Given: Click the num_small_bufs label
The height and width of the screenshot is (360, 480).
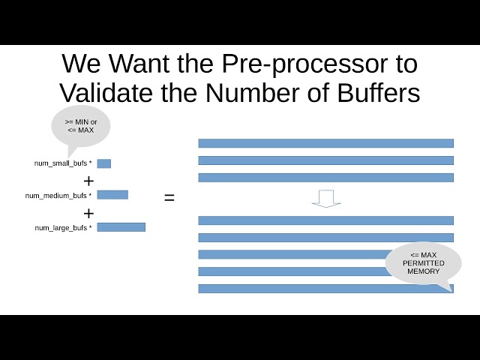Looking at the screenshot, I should coord(63,163).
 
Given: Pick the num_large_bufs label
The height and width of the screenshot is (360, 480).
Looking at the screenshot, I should coord(63,227).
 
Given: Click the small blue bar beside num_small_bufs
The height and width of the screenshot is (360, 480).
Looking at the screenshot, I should coord(103,163).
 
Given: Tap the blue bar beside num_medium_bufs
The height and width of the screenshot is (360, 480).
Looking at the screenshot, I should coord(112,195).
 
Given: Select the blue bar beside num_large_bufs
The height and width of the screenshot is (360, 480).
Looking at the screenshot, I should coord(121,226).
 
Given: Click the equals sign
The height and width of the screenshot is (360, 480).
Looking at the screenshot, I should coord(169,198).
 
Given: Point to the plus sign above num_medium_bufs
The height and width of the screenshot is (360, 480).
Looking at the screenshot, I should coord(88,181).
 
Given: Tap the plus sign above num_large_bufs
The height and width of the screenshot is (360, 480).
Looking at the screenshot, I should coord(88,213).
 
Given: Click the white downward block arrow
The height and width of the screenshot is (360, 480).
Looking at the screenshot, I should coord(326,198).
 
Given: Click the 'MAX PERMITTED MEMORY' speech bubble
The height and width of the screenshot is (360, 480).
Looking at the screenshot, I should coord(423,263).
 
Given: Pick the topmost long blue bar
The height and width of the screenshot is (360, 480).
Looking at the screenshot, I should coord(325,143).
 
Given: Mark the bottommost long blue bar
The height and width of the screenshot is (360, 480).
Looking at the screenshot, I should coord(325,288).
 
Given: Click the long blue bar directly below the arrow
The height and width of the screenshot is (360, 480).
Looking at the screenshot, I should coord(325,220).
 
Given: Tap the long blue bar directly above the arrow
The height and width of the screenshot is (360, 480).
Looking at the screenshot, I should coord(325,178).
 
